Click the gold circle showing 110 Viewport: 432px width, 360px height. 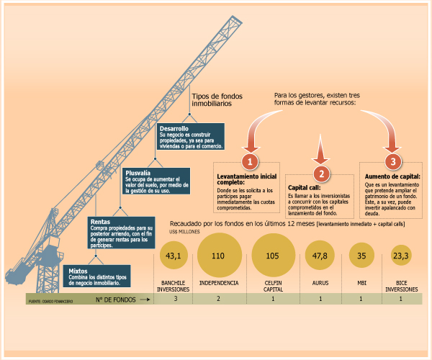point(218,255)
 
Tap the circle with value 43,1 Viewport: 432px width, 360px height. point(173,255)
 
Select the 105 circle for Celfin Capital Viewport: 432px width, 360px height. point(273,255)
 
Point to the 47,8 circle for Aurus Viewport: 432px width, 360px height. point(321,256)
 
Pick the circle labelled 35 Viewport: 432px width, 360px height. point(361,256)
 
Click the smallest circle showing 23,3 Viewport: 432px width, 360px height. point(401,256)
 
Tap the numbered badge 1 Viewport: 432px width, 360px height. point(249,160)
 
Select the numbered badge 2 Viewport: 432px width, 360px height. point(322,173)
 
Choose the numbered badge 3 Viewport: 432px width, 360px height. point(392,160)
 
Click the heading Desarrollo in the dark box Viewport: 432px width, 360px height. point(175,127)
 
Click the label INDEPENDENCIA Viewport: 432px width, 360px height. point(218,283)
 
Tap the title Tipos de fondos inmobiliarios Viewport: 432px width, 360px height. point(218,99)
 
